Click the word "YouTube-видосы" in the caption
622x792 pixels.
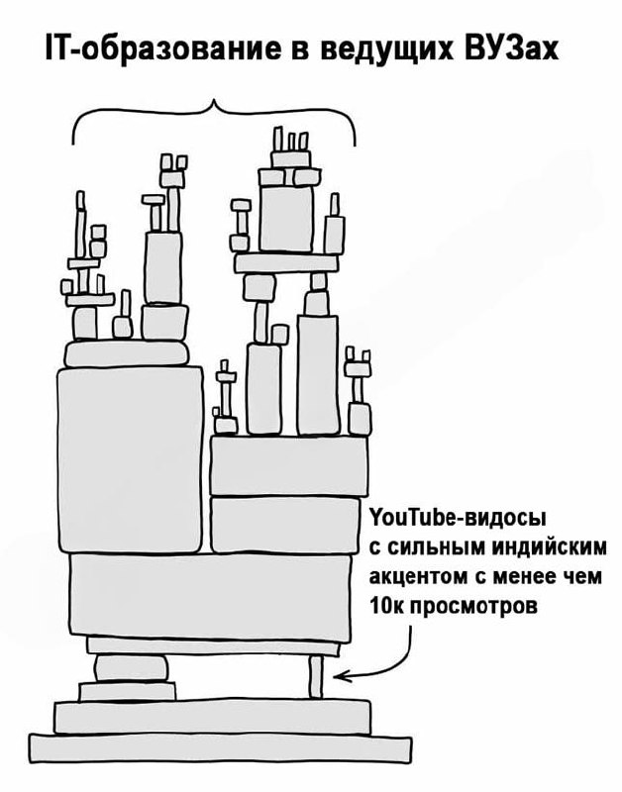tap(459, 518)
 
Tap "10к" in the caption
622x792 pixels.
tap(386, 605)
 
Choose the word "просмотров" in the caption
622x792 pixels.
tap(473, 606)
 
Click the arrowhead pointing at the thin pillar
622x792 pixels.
tap(340, 676)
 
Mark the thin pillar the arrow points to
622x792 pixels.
tap(316, 676)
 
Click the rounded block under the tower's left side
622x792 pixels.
tap(131, 668)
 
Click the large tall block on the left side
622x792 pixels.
tap(131, 460)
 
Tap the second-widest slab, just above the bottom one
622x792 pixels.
tap(212, 717)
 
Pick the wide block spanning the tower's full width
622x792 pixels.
tap(210, 597)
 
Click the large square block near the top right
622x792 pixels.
tap(286, 218)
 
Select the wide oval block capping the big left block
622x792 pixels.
tap(127, 353)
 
